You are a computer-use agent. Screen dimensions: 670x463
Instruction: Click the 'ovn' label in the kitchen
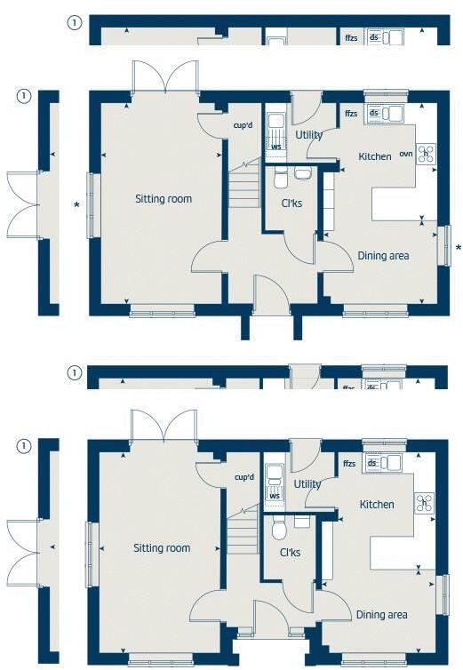[405, 154]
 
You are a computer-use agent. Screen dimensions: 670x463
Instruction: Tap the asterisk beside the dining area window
[458, 247]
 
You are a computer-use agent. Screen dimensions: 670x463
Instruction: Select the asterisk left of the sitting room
[76, 205]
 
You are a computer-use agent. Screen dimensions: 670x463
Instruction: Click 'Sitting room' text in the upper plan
[164, 198]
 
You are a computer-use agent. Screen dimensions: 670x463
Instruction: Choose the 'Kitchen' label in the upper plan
[375, 156]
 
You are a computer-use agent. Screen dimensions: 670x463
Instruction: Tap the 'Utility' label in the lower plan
[308, 484]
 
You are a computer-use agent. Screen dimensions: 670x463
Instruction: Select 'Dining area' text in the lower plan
[382, 614]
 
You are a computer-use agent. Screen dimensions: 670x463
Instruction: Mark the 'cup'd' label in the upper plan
[243, 126]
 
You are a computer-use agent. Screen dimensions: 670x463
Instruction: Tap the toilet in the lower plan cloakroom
[279, 530]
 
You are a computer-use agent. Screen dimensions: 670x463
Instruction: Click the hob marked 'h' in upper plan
[426, 153]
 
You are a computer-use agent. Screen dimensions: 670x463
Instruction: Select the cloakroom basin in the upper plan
[303, 173]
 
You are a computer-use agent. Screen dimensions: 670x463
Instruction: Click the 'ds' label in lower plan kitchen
[374, 462]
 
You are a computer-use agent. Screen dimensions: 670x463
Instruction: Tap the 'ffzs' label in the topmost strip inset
[351, 38]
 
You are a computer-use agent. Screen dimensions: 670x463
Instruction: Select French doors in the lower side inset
[22, 542]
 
